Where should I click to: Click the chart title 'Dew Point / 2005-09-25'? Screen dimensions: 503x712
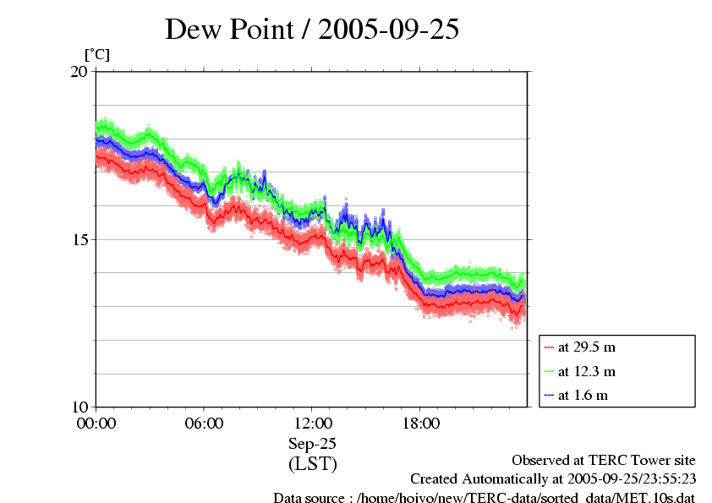click(x=312, y=30)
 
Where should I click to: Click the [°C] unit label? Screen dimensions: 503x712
click(x=97, y=55)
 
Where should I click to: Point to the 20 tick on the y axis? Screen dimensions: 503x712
click(x=79, y=72)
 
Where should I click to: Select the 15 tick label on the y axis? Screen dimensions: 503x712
click(x=79, y=239)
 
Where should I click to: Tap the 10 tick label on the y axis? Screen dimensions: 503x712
click(x=79, y=407)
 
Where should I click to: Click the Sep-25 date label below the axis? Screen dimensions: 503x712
click(x=313, y=443)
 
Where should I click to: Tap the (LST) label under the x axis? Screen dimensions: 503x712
click(x=313, y=463)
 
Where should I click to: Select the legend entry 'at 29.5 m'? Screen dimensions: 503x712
click(x=586, y=347)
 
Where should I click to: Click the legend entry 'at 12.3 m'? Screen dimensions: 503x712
click(x=586, y=371)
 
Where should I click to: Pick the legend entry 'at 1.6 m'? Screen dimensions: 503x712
click(x=583, y=395)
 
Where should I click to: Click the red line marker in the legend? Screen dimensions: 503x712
click(x=550, y=347)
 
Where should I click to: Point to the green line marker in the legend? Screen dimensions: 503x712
click(x=550, y=371)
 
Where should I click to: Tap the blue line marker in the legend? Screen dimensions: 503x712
click(x=550, y=395)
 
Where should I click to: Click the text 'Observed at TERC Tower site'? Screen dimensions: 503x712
click(x=604, y=460)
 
